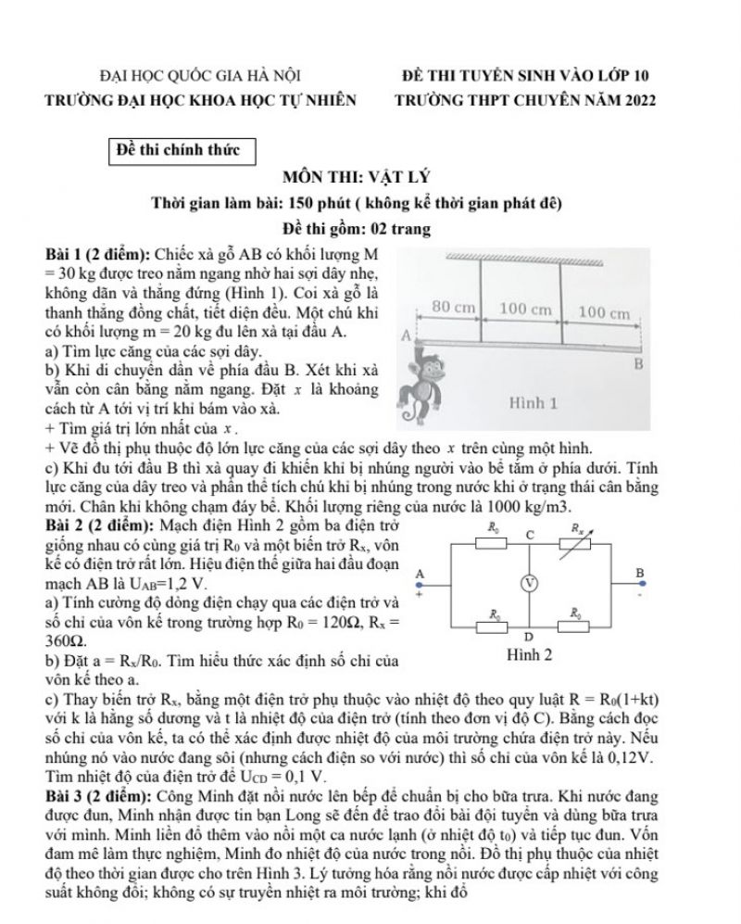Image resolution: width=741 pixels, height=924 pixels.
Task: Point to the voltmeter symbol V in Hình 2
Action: coord(529,582)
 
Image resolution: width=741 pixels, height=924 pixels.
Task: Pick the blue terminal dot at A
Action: coord(420,585)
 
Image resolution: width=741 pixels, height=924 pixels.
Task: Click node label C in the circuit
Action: coord(530,535)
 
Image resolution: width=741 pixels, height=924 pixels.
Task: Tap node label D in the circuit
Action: coord(527,637)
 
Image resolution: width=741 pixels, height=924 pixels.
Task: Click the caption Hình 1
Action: coord(534,404)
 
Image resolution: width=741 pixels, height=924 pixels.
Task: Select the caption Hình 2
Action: coord(530,654)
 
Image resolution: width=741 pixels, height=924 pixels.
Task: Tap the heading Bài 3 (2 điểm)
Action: coord(100,796)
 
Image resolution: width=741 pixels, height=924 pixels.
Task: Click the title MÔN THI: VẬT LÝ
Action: coord(370,177)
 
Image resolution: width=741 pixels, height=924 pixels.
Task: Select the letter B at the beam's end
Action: coord(637,365)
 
